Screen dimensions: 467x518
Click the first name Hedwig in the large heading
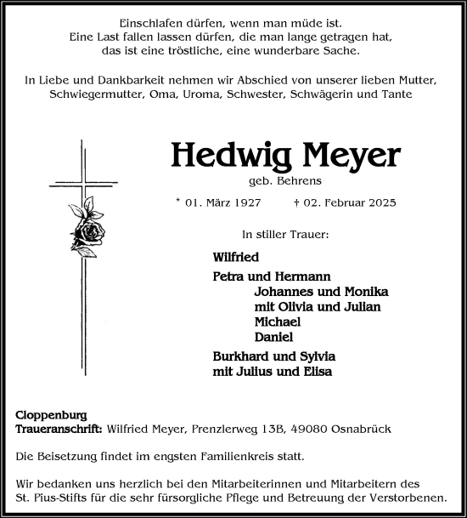pos(222,154)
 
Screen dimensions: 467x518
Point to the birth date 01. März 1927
pos(225,203)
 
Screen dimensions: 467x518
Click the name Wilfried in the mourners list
pos(236,256)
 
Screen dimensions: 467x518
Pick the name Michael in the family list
pos(278,322)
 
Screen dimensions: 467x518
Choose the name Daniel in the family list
pos(273,337)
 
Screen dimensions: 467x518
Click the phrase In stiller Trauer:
pos(285,233)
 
